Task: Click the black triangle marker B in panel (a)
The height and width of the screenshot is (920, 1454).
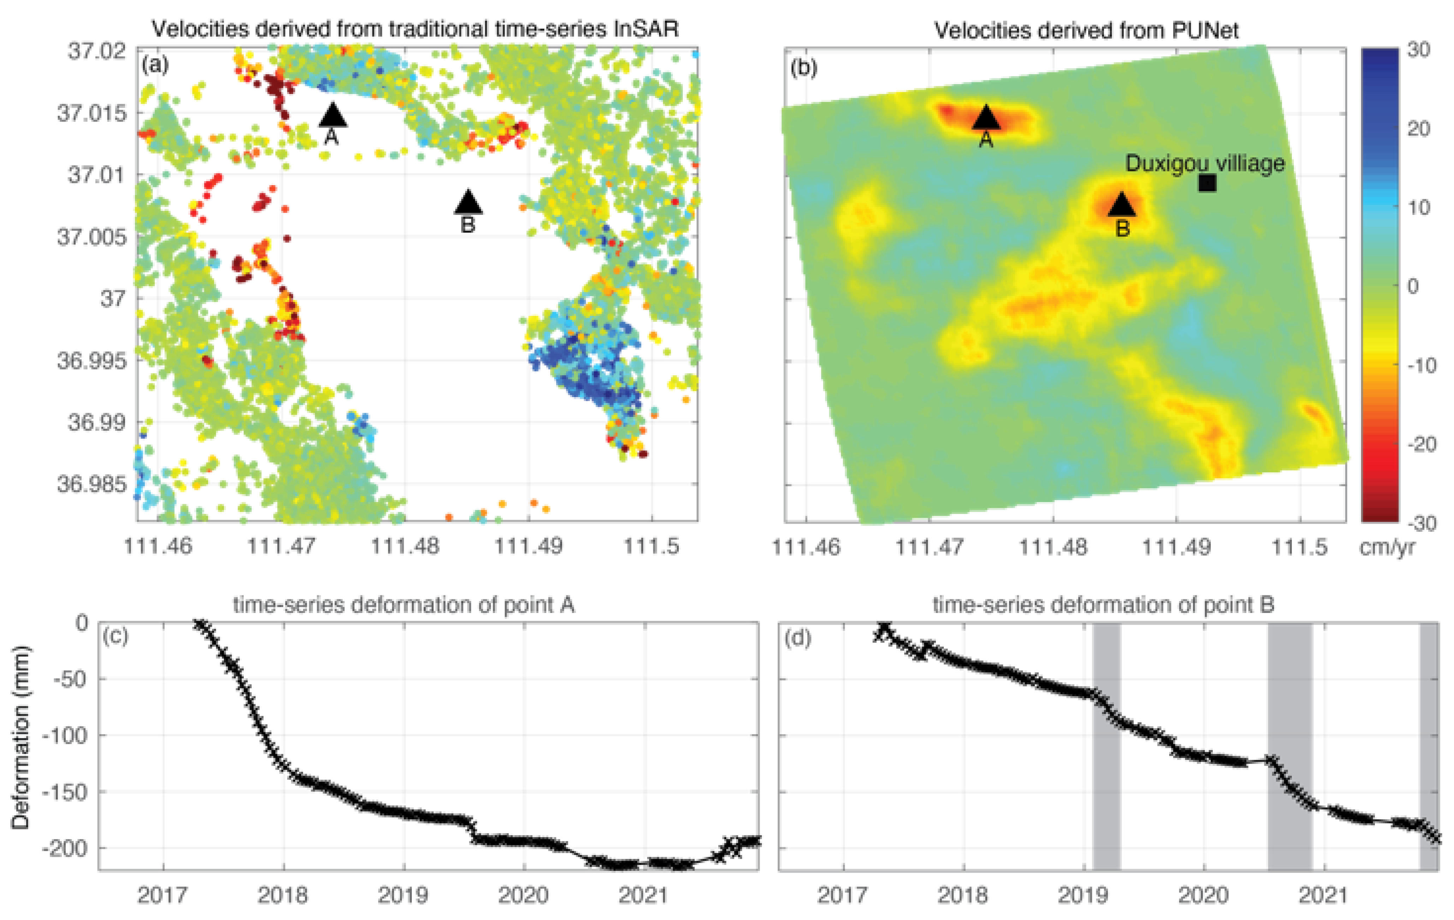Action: (x=469, y=203)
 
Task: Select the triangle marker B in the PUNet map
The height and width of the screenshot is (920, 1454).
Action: (x=1122, y=205)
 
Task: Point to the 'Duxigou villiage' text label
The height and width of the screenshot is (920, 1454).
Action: (x=1205, y=163)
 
